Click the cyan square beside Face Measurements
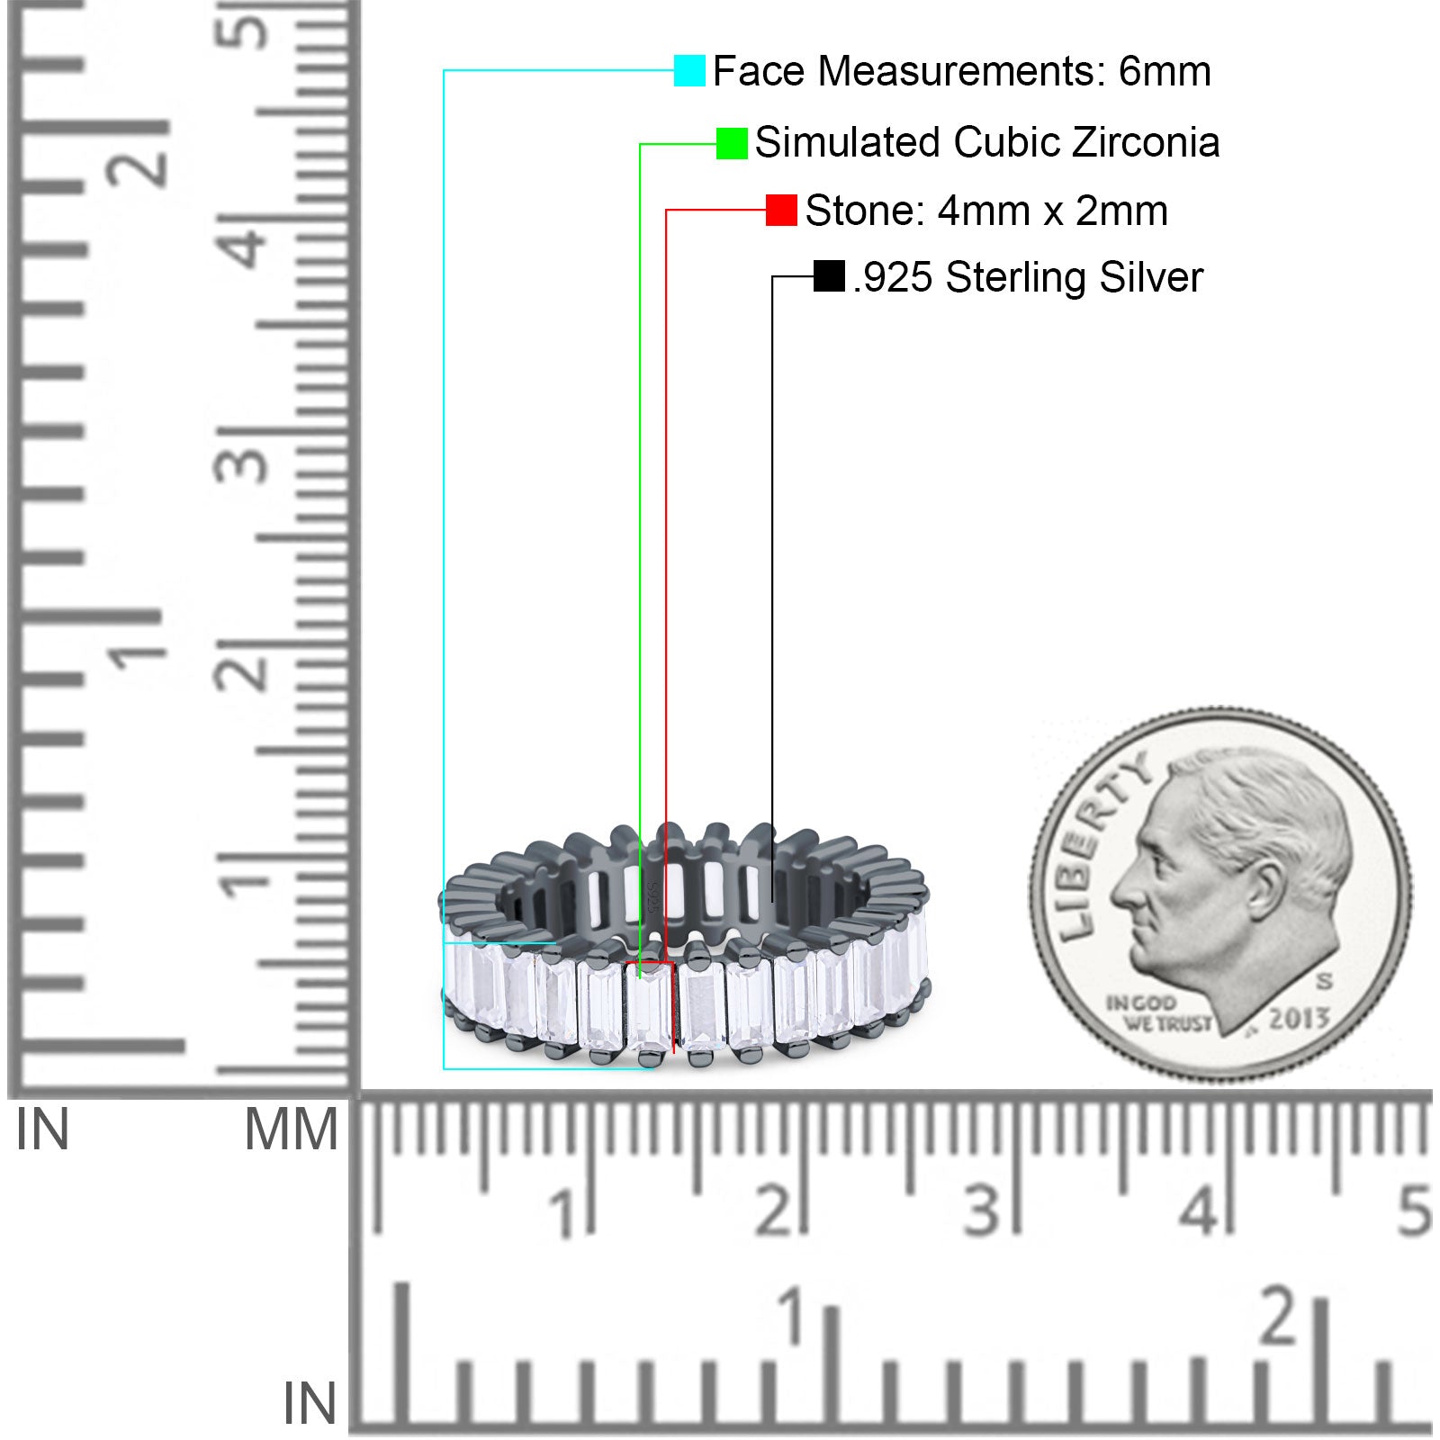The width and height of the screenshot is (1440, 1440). point(689,71)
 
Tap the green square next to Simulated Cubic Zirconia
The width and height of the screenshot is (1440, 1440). point(732,143)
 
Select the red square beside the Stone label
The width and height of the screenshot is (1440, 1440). point(781,211)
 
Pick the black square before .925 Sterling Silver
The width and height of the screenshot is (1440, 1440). point(829,276)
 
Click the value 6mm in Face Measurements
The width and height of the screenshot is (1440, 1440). point(1165,71)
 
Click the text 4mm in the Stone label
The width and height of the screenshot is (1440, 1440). point(984,211)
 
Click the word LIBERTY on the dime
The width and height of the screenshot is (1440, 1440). point(1099,846)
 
